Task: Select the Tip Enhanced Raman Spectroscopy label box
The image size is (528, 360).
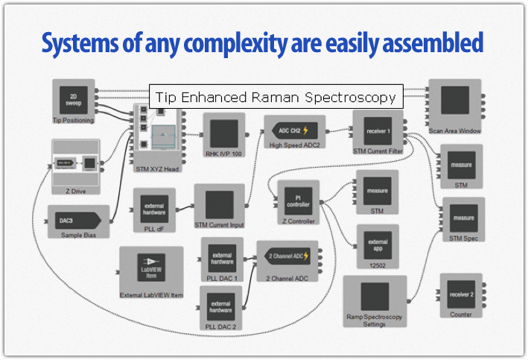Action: coord(276,97)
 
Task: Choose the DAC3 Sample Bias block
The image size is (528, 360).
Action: coord(78,221)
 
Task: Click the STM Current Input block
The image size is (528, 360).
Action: coord(219,205)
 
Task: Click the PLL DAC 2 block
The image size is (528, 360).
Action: coord(222,307)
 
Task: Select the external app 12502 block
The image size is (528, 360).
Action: coord(378,246)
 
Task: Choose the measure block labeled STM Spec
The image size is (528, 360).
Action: coord(463,221)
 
